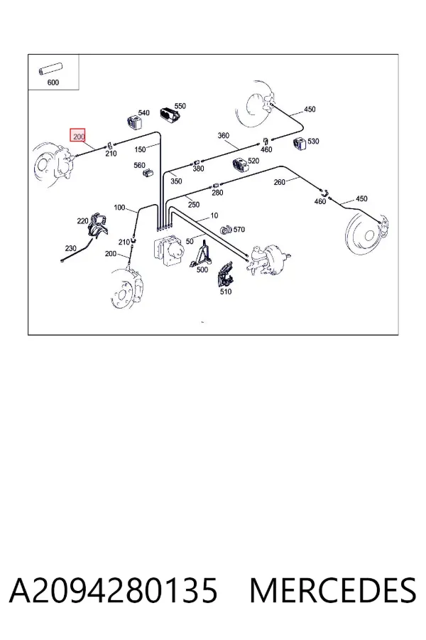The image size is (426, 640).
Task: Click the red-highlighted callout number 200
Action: [x=79, y=136]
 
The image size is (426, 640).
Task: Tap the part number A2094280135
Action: [x=114, y=590]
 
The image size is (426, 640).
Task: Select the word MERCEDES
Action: [x=333, y=590]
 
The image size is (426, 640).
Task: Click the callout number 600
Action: [x=53, y=82]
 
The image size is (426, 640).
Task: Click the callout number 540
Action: [x=144, y=112]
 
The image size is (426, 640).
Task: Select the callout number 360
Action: [x=224, y=136]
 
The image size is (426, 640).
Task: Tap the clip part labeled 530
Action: [x=300, y=144]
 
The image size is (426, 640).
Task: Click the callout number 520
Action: [x=253, y=161]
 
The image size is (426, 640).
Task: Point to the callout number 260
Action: [x=279, y=182]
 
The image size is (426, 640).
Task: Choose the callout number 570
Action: [x=239, y=230]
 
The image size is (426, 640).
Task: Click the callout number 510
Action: [x=226, y=292]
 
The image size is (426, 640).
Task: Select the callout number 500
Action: [x=202, y=270]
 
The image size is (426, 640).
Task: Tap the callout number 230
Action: [x=70, y=248]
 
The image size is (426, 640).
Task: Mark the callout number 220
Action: [x=83, y=221]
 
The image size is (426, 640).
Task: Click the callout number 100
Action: [x=119, y=208]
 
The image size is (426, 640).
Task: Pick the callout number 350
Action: [x=176, y=181]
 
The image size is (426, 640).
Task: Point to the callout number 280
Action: [x=217, y=193]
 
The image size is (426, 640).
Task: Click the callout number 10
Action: [x=214, y=215]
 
